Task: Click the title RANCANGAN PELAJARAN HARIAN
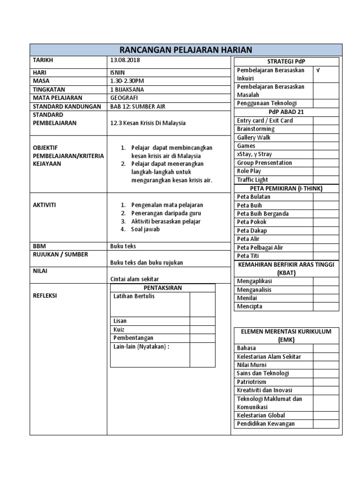pos(186,50)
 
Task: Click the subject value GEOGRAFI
pos(124,98)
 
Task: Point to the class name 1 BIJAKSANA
pos(127,90)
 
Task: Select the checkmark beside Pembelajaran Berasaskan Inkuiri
pos(319,70)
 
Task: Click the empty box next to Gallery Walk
pos(326,137)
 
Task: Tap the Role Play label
pos(249,171)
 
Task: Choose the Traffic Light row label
pos(252,180)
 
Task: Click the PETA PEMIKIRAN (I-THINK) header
pos(286,188)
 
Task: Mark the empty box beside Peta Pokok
pos(326,222)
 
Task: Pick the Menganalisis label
pos(254,290)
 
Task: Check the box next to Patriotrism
pos(326,382)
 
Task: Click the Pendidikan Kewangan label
pos(266,424)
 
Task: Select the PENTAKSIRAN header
pos(162,288)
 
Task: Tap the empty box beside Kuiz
pos(202,330)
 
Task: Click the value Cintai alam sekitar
pos(135,279)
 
